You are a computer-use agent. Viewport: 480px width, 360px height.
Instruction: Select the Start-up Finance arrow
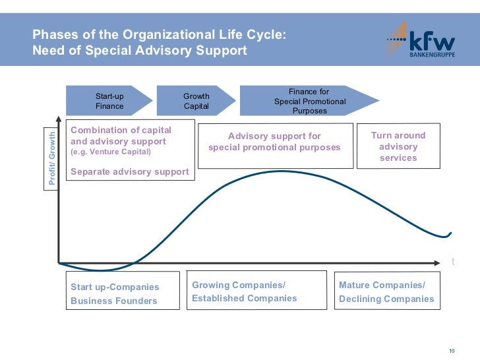pos(109,101)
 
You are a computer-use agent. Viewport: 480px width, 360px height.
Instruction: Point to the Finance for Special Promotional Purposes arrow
pos(309,101)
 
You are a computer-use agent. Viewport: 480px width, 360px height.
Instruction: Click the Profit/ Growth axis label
pos(53,159)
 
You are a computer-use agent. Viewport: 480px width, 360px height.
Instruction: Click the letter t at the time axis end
pos(453,262)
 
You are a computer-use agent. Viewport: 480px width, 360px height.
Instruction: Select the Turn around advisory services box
pos(398,146)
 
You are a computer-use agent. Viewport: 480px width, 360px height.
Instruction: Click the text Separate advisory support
pos(130,172)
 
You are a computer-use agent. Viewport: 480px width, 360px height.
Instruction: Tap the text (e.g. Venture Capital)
pos(111,152)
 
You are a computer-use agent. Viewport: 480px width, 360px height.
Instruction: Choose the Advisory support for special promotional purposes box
pos(274,142)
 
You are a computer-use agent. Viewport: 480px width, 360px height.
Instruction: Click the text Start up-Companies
pos(115,287)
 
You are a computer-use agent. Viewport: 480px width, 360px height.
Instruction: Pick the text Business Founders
pos(113,301)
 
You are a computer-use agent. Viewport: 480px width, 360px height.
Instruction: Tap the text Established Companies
pos(244,298)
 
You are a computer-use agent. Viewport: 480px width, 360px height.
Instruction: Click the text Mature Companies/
pos(382,285)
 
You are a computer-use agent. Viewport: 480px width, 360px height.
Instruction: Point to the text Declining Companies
pos(386,299)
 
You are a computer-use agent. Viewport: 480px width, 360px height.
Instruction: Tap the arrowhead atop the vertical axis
pos(59,123)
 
